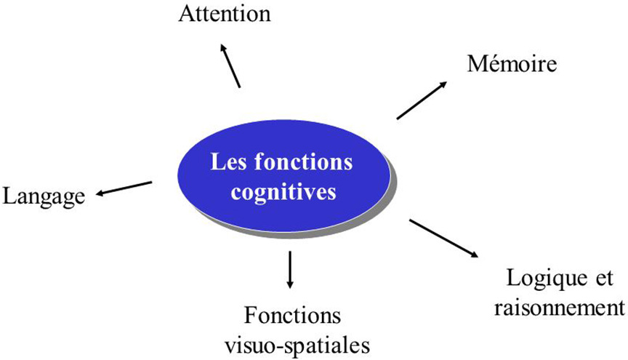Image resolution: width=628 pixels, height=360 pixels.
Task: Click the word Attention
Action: tap(225, 14)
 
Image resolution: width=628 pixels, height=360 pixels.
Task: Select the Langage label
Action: tap(44, 196)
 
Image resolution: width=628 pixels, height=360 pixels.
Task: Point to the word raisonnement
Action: tap(558, 307)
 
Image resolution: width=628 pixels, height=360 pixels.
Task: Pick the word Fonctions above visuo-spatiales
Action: tap(293, 316)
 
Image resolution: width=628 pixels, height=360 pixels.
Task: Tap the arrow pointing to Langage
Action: tap(124, 188)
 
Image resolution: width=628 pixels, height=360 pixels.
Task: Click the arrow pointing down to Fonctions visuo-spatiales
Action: tap(290, 268)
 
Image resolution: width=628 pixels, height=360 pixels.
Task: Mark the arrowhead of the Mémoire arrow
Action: tap(444, 83)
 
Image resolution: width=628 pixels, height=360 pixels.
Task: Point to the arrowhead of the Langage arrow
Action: tap(101, 193)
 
